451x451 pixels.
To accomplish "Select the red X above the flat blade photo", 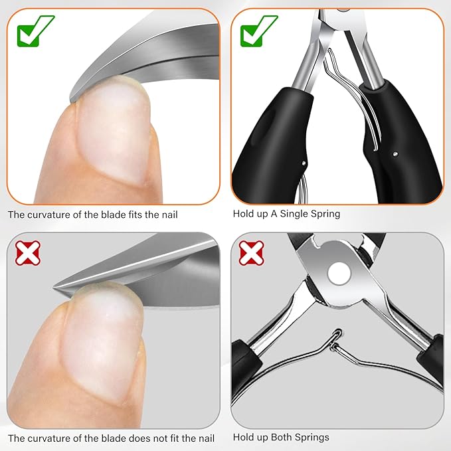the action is (x=28, y=253).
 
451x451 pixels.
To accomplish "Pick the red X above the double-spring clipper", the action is (x=251, y=253).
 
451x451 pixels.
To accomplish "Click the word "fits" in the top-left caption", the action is (x=134, y=215).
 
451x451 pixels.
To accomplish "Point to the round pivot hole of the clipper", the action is (x=339, y=273).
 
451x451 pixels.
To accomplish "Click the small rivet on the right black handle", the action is (x=395, y=154).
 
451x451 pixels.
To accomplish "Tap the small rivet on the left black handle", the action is (x=304, y=163).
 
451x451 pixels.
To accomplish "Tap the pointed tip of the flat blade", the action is (x=54, y=288).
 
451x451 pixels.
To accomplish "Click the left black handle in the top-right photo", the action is (x=273, y=144).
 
